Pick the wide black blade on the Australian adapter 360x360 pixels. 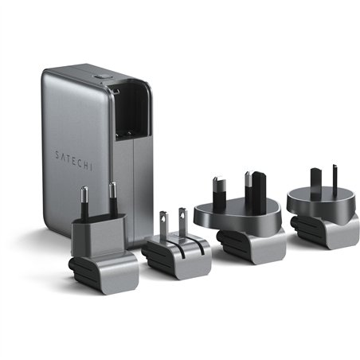tap(305, 181)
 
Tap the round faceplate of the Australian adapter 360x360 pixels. tap(319, 202)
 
